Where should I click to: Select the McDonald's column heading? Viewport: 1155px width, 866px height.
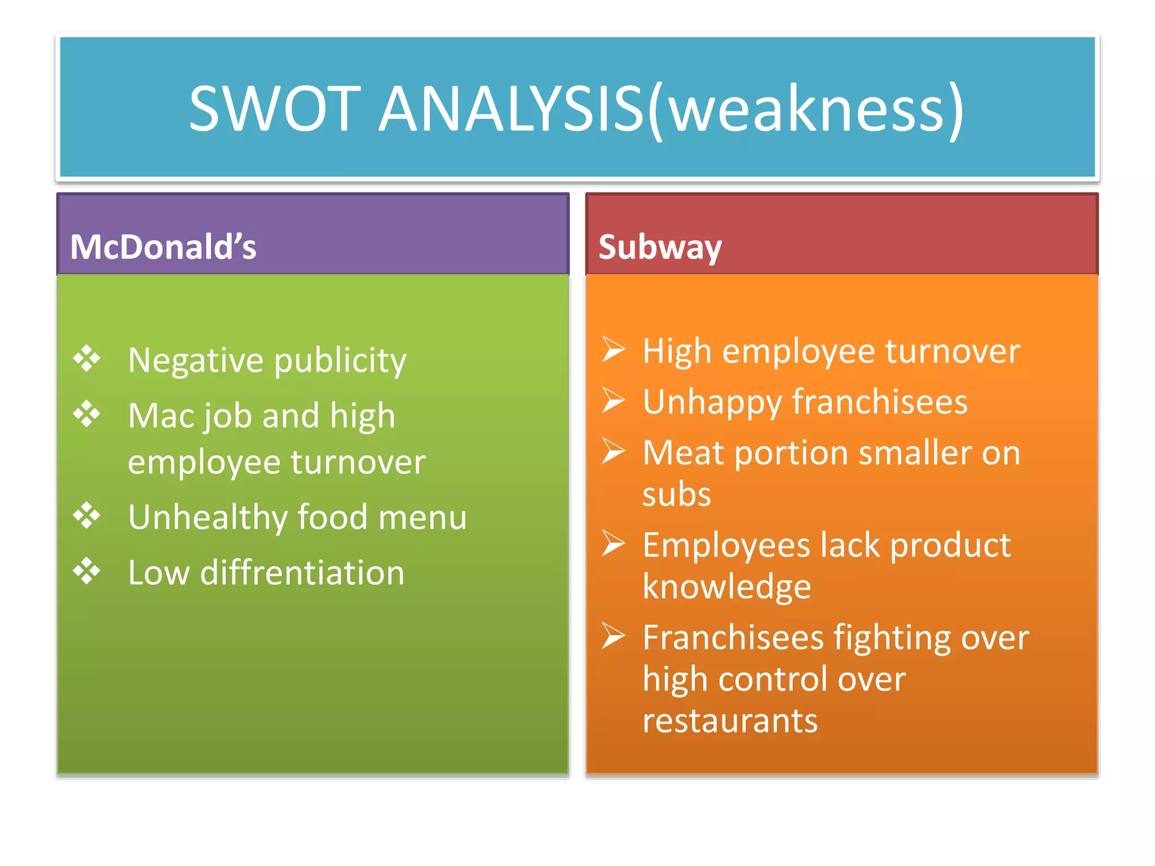coord(163,247)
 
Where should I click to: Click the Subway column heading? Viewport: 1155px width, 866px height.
coord(660,247)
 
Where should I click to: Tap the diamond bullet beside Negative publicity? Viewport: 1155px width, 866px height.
coord(87,359)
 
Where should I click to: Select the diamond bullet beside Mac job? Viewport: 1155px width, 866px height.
coord(87,414)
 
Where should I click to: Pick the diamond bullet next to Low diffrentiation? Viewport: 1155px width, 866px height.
coord(87,571)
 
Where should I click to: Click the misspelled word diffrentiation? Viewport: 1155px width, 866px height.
coord(302,573)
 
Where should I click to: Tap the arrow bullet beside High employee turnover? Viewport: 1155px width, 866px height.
coord(613,349)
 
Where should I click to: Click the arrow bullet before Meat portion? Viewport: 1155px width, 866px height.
coord(613,451)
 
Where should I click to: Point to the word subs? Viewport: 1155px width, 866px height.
coord(677,494)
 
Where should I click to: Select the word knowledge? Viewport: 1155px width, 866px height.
coord(726,587)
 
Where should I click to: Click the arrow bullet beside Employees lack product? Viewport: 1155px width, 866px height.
coord(613,544)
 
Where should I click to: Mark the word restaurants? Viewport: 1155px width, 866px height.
coord(730,721)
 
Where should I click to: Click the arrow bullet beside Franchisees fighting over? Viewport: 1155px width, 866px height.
coord(613,636)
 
